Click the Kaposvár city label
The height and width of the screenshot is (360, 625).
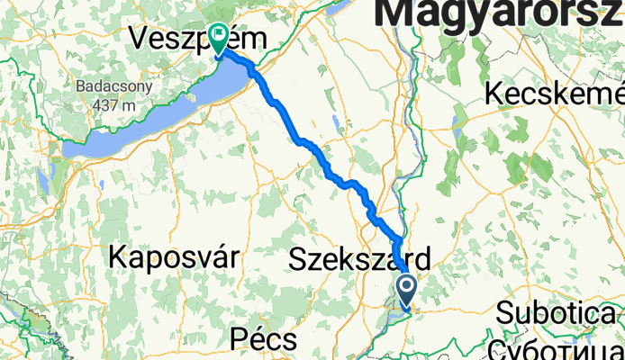[x=174, y=256]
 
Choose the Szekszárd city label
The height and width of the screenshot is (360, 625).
[x=359, y=259]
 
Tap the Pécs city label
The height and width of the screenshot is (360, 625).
[x=263, y=339]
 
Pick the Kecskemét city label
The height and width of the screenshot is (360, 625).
[x=555, y=94]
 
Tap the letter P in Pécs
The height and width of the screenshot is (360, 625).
[x=238, y=339]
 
